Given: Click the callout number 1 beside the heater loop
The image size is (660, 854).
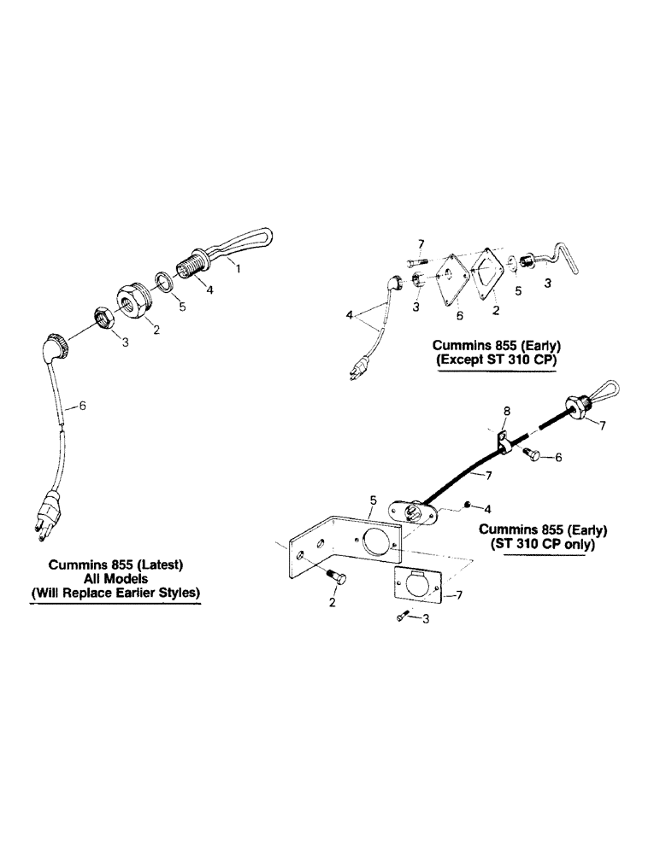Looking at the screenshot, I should [239, 268].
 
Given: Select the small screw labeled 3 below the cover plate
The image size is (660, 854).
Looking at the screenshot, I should [404, 619].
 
